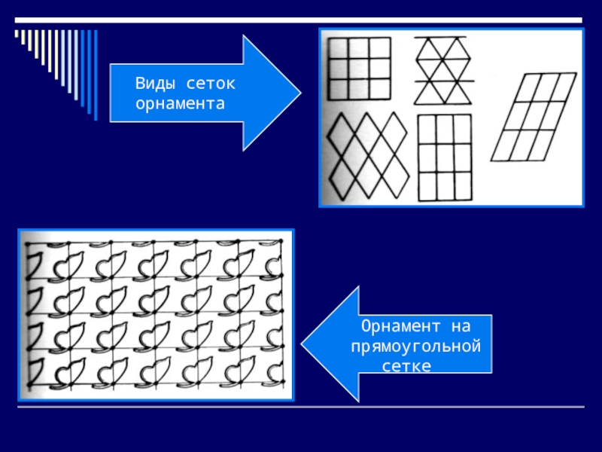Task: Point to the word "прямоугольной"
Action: (415, 347)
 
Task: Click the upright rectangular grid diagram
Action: (444, 158)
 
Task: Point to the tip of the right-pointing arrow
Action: (300, 93)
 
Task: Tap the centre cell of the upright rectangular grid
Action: (444, 158)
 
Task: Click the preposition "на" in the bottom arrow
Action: (460, 327)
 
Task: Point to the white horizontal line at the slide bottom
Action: (301, 408)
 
